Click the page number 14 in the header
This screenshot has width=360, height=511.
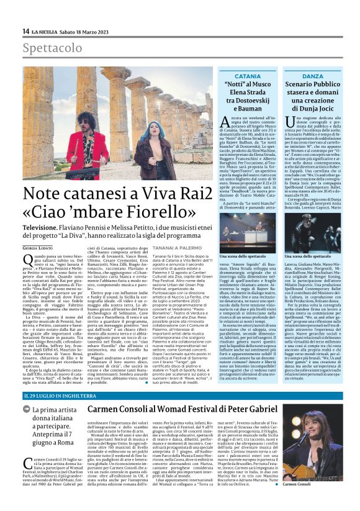click(x=25, y=32)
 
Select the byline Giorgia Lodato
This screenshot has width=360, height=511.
click(x=37, y=249)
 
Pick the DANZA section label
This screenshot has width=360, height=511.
click(x=313, y=76)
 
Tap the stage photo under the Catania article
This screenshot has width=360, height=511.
click(x=248, y=230)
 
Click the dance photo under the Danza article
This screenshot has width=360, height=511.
click(x=313, y=230)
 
